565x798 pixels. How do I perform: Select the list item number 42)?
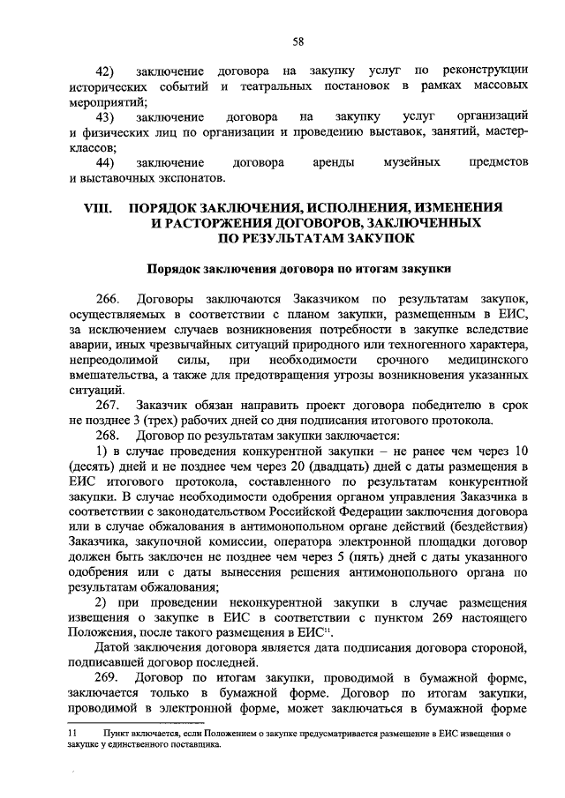(106, 71)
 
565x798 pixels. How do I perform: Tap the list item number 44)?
(106, 163)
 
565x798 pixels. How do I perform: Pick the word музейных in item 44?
(409, 163)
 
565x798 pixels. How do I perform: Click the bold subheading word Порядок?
(173, 268)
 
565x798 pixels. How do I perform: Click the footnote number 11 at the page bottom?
(74, 733)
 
